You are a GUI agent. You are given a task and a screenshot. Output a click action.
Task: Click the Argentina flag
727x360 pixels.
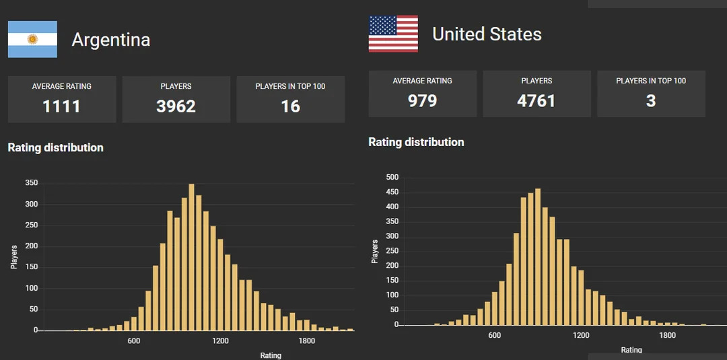[32, 39]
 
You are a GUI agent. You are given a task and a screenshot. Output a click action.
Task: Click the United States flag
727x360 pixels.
[393, 34]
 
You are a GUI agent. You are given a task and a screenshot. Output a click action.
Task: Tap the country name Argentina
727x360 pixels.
[110, 40]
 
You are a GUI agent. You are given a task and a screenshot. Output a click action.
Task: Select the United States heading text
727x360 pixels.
[487, 34]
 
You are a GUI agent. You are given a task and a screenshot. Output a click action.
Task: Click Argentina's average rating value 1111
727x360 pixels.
[61, 106]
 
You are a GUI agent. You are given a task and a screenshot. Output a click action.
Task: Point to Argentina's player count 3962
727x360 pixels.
[176, 106]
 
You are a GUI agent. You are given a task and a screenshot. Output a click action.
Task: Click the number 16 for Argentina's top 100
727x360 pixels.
[290, 106]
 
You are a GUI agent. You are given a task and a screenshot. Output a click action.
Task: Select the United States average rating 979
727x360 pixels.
[422, 101]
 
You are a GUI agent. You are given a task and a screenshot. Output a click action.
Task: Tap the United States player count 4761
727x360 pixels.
[536, 101]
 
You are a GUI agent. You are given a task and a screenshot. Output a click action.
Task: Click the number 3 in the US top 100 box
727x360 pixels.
[651, 101]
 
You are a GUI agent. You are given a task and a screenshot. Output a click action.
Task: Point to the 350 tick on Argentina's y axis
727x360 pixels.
[31, 183]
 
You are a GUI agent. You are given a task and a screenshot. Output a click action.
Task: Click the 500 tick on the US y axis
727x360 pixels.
[392, 178]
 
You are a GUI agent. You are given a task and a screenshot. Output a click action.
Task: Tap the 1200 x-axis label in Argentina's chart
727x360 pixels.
[220, 341]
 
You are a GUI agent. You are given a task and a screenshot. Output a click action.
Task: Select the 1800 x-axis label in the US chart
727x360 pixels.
[667, 335]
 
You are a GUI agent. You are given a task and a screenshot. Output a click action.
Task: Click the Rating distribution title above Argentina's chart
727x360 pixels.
[55, 147]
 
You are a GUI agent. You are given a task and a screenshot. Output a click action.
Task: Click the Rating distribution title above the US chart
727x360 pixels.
[416, 142]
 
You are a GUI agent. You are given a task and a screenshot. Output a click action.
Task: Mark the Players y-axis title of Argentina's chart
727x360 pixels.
[14, 256]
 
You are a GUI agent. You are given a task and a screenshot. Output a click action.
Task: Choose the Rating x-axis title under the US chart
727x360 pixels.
[631, 350]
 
